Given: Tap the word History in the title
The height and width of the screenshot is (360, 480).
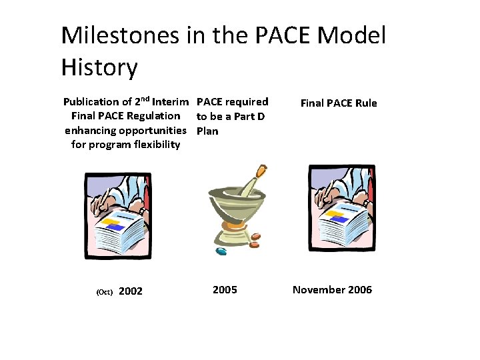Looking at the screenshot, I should [x=99, y=67].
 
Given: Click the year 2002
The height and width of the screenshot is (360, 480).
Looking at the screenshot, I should [x=130, y=291].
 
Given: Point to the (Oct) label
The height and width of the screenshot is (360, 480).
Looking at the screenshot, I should [x=105, y=292].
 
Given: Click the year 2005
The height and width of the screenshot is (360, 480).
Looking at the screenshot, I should [x=225, y=289].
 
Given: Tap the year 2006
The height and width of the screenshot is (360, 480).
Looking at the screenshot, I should [x=359, y=289].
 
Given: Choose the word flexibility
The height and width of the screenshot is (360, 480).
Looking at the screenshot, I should [x=147, y=145].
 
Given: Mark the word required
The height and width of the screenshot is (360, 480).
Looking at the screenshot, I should [x=247, y=102].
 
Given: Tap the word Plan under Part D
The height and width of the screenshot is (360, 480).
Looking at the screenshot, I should [x=207, y=131].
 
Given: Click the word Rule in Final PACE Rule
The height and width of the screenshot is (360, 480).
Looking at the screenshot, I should [x=366, y=103].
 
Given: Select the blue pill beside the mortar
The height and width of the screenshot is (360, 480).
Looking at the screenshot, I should [x=221, y=251].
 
